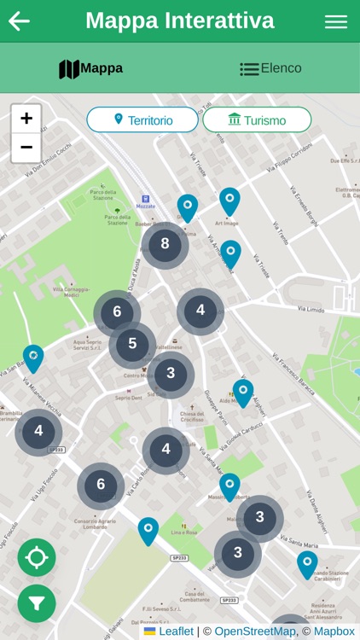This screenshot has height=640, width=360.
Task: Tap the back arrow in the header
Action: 19,21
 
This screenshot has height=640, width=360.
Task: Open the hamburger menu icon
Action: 336,22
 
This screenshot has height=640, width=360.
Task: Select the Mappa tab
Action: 90,68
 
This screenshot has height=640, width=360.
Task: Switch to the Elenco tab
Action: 270,68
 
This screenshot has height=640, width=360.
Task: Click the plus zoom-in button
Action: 26,119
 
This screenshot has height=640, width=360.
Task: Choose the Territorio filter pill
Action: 142,120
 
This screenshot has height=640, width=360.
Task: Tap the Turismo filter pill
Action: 257,120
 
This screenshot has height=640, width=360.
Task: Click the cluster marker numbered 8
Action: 165,245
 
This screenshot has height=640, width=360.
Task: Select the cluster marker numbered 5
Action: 132,345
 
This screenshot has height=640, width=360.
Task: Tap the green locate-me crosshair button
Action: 37,558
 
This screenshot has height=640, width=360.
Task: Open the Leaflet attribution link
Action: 177,631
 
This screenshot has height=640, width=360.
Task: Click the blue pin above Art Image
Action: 229,201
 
